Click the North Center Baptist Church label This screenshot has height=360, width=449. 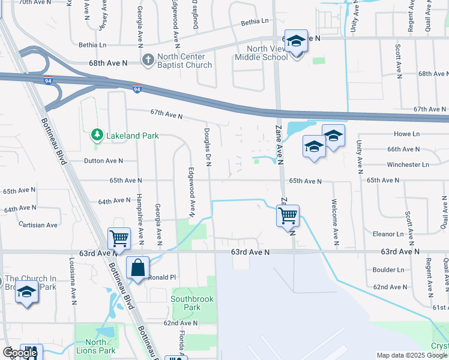(184, 61)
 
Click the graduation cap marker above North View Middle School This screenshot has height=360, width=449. (296, 42)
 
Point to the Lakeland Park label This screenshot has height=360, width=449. (133, 136)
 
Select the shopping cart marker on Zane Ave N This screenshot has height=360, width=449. (288, 215)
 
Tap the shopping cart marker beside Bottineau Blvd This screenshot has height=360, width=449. (119, 238)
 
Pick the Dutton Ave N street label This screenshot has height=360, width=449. (103, 161)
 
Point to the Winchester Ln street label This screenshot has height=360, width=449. (408, 164)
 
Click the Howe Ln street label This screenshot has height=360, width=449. (406, 133)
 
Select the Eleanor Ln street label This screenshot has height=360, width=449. (388, 233)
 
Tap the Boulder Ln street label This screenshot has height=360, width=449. (389, 269)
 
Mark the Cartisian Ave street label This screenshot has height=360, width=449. (38, 225)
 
